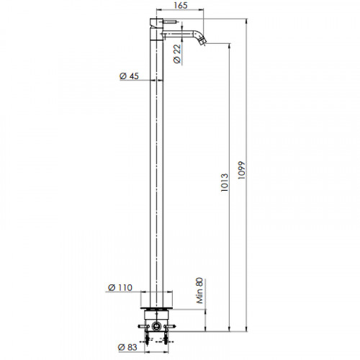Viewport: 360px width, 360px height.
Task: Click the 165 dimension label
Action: pos(180,5)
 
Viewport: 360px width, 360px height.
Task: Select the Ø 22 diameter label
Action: pos(177,54)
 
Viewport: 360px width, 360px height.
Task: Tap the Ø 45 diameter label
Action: pos(129,76)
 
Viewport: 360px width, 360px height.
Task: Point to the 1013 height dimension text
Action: pos(225,182)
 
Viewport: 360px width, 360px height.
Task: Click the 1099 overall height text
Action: pos(241,170)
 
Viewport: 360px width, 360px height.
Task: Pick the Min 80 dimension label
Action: pos(199,291)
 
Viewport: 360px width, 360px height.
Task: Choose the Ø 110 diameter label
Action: pos(120,287)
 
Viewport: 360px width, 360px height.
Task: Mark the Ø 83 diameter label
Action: pos(127,347)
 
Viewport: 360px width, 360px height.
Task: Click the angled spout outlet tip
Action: pos(203,42)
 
